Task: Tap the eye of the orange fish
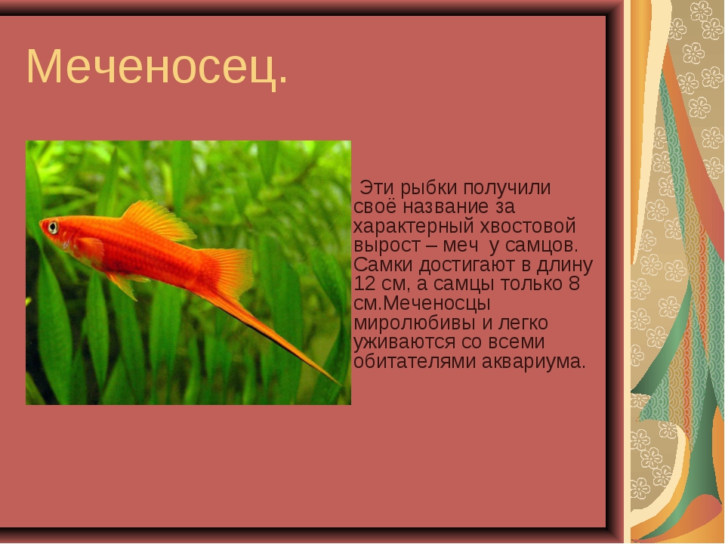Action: (53, 227)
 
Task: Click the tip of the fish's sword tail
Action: (341, 384)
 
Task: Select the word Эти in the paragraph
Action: (377, 188)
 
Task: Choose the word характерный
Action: (414, 227)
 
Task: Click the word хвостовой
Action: (528, 227)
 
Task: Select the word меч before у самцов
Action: (461, 246)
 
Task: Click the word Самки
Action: (384, 265)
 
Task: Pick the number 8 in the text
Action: (574, 283)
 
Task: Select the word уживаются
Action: (404, 343)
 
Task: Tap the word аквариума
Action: (534, 362)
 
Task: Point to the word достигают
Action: (468, 266)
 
